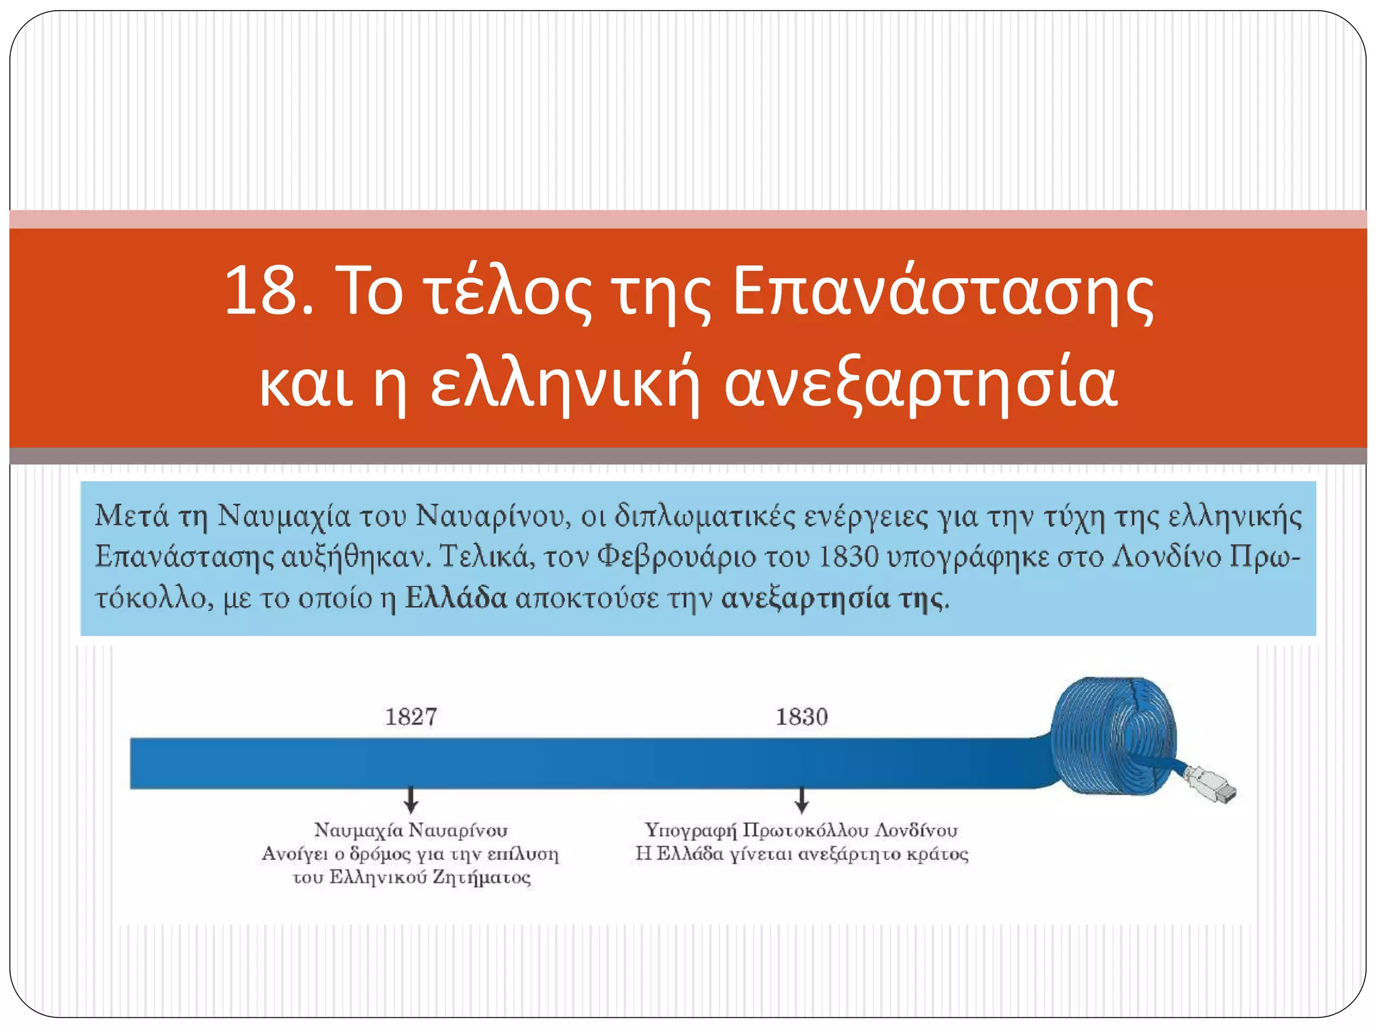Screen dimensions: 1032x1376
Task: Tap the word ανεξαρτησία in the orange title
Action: coord(920,384)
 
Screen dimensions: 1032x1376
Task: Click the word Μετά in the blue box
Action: coord(132,516)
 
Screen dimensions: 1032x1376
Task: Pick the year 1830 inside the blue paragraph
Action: coord(849,557)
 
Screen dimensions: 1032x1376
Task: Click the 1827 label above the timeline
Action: coord(411,717)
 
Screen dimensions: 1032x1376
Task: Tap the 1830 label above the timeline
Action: coord(802,717)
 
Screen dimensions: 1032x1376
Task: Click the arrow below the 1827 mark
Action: coord(411,800)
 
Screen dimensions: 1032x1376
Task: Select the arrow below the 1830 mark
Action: coord(802,800)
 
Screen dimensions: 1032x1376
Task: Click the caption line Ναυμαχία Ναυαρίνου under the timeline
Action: coord(411,830)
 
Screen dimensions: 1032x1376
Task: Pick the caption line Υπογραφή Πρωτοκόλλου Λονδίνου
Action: coord(801,830)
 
